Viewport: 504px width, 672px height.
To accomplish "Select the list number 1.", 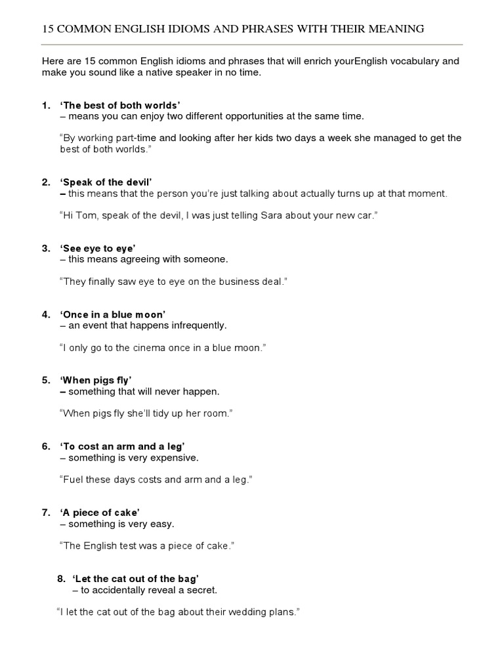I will (45, 105).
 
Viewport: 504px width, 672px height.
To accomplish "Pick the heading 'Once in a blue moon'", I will (112, 314).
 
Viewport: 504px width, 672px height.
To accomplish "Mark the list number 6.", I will (45, 446).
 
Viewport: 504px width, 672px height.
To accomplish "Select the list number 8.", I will (61, 579).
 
